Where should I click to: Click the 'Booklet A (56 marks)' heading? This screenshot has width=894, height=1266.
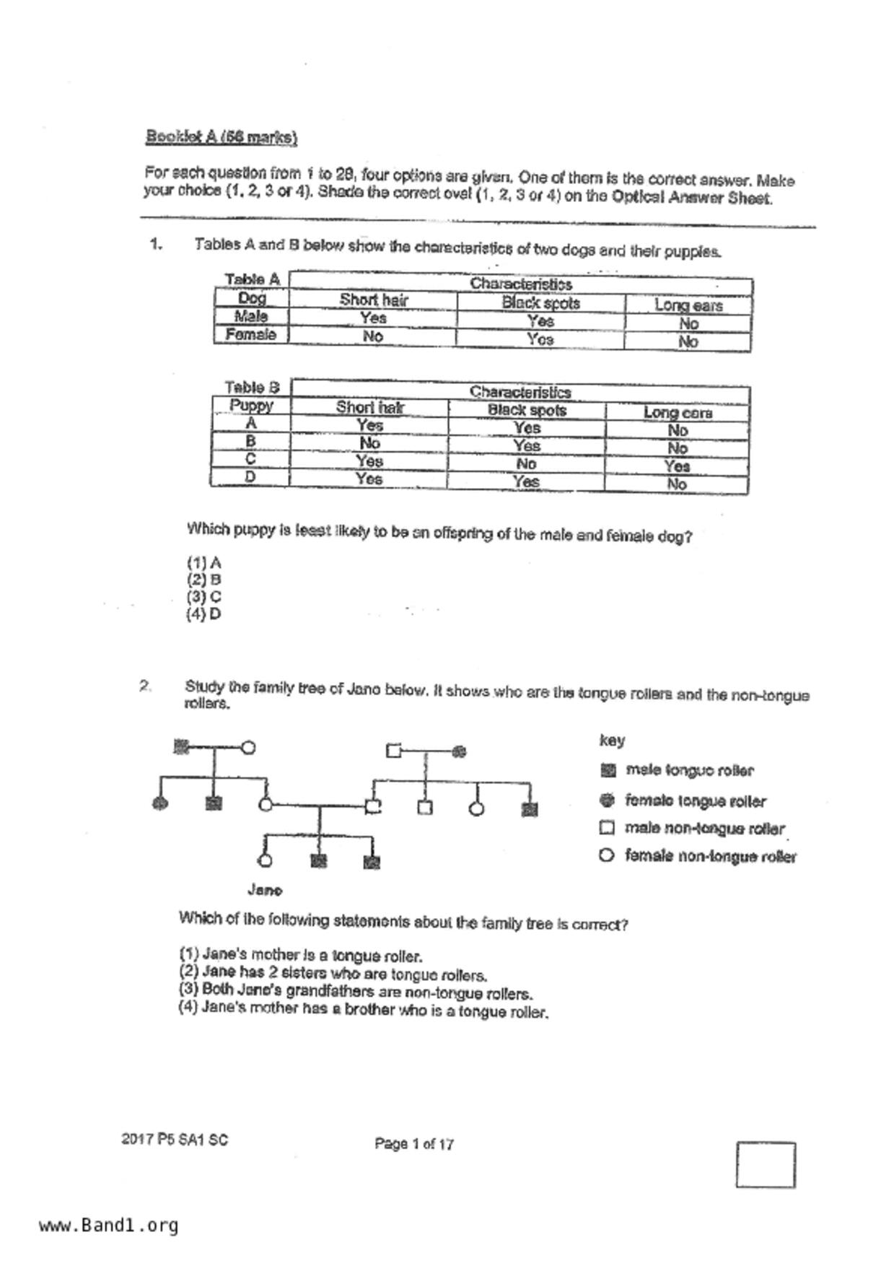(222, 137)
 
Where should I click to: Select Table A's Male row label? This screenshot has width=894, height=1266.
(251, 316)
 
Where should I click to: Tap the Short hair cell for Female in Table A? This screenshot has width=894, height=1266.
(372, 336)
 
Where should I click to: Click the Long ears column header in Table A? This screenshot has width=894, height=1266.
(688, 305)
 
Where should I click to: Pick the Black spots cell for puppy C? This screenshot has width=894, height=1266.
(526, 463)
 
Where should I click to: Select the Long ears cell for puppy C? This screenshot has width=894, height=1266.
(677, 466)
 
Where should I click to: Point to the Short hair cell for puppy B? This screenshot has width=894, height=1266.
(369, 442)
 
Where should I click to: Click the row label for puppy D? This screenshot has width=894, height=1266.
(250, 477)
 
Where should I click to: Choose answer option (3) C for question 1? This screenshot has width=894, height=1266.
(203, 597)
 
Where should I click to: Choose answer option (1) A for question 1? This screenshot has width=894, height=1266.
(203, 562)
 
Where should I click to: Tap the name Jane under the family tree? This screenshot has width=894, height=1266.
(265, 890)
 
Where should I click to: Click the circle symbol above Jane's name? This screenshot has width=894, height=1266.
(265, 860)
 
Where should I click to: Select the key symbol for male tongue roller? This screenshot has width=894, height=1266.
(608, 770)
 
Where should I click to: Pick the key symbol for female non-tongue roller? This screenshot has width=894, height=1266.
(607, 855)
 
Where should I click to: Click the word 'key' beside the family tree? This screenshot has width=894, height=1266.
(612, 740)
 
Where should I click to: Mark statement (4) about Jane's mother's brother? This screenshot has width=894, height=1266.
(363, 1009)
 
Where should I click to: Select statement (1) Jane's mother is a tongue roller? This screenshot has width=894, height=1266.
(300, 956)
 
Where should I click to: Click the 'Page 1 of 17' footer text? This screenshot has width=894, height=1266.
(414, 1143)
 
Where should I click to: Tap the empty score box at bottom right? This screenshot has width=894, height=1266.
(766, 1164)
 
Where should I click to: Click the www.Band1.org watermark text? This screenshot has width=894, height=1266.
(108, 1226)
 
